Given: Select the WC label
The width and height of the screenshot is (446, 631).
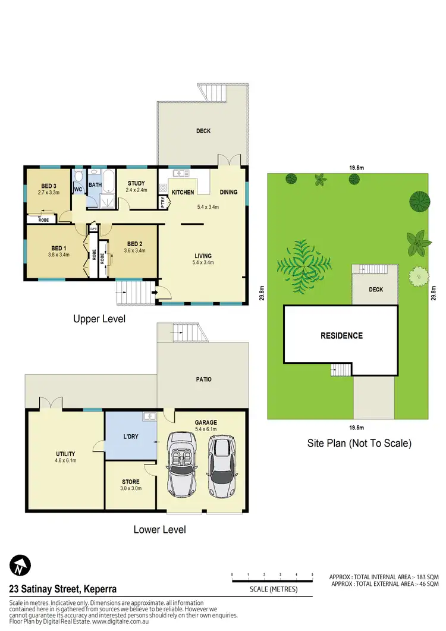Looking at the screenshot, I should (78, 190).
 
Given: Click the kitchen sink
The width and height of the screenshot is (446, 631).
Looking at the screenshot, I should (181, 174).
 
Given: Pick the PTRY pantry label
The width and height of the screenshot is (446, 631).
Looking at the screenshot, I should (163, 200).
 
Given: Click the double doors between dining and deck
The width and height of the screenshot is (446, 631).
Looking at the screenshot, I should (229, 161).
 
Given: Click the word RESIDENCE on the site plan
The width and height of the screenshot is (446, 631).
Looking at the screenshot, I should (341, 335).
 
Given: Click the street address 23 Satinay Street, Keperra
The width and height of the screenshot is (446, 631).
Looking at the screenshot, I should (62, 589).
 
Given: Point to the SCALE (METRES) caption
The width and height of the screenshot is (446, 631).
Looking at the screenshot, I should (272, 589).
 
